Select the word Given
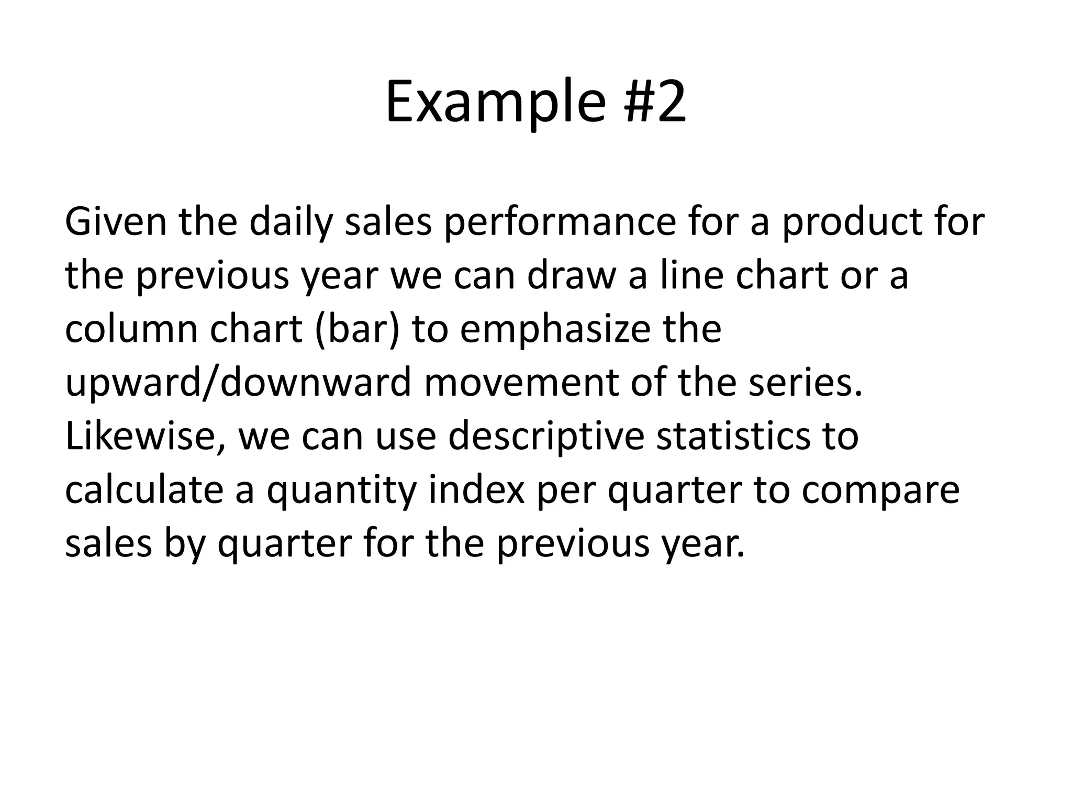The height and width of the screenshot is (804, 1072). pos(116,222)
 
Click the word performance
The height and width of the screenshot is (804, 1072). pos(560,223)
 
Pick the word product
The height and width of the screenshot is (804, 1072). pos(853,223)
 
